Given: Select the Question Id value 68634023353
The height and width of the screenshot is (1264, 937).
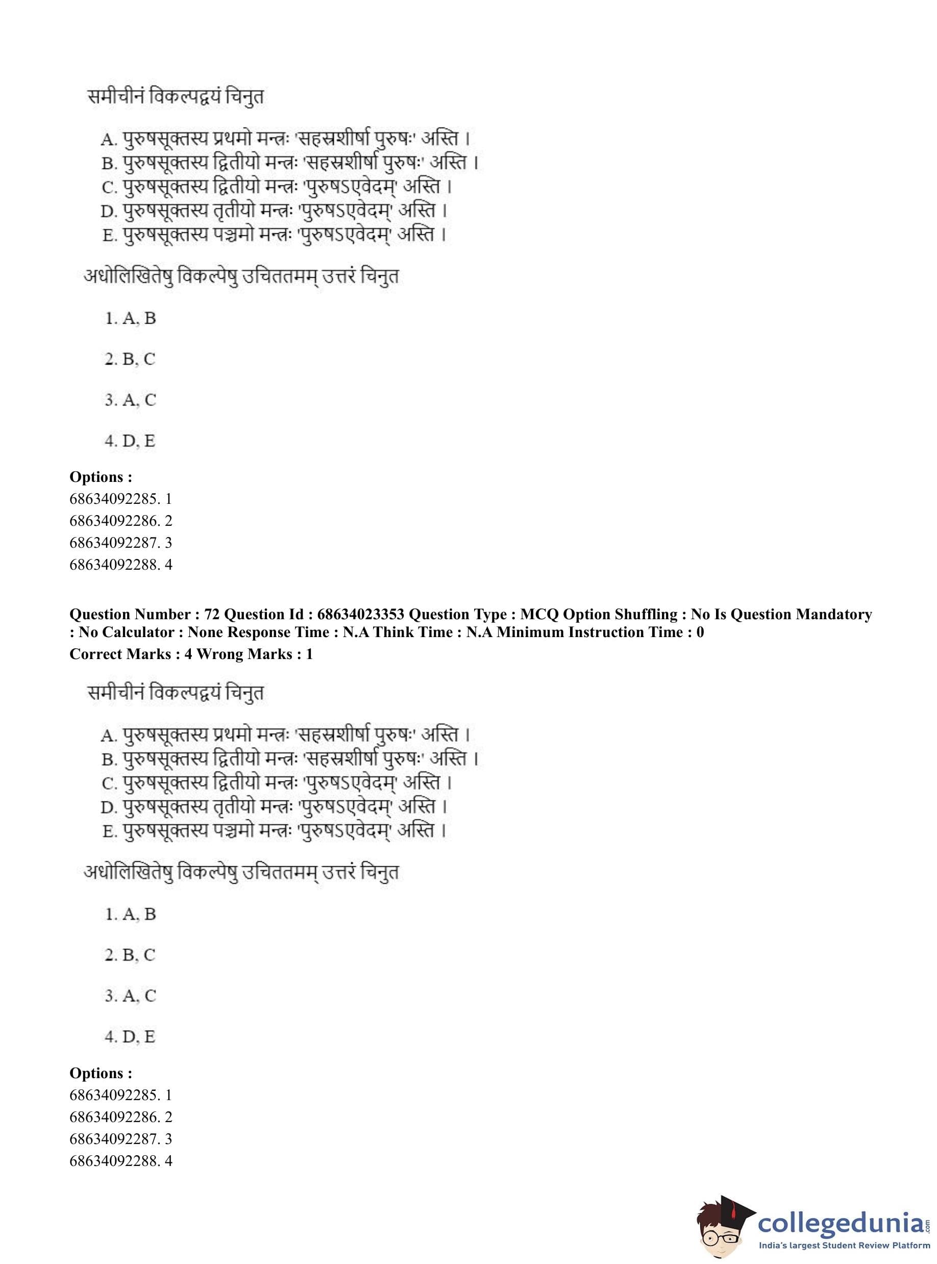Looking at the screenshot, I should coord(361,615).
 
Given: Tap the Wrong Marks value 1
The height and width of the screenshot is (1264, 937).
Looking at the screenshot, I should coord(309,654).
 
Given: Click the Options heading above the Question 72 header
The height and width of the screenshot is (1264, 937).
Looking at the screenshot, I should coord(101,477).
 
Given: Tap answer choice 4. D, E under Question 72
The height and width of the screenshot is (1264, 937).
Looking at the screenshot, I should coord(130,1036).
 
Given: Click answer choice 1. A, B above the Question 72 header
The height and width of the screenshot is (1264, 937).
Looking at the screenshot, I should coord(131,318).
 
